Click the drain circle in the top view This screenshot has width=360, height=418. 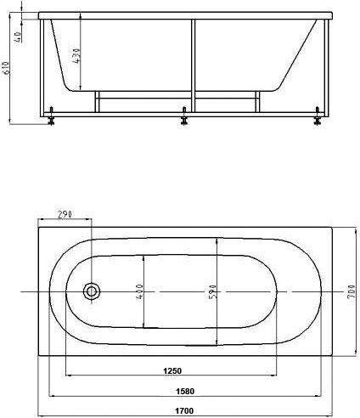click(x=91, y=292)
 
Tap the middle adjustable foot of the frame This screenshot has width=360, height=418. click(x=185, y=117)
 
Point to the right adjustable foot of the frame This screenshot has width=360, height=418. click(x=318, y=118)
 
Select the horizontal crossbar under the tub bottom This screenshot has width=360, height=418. click(x=178, y=93)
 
